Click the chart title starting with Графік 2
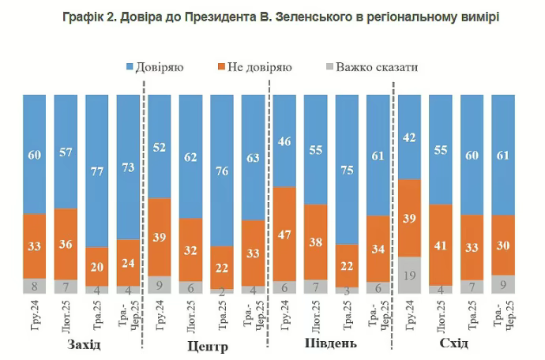[272, 17]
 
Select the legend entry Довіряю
[155, 68]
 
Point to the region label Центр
[209, 347]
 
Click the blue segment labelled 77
[98, 170]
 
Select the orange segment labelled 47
[285, 234]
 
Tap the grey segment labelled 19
[410, 275]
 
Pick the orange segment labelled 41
[442, 245]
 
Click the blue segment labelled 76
[223, 170]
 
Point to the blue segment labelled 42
[410, 137]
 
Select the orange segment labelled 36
[66, 244]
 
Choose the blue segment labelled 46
[285, 141]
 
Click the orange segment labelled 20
[98, 266]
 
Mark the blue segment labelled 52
[160, 146]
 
